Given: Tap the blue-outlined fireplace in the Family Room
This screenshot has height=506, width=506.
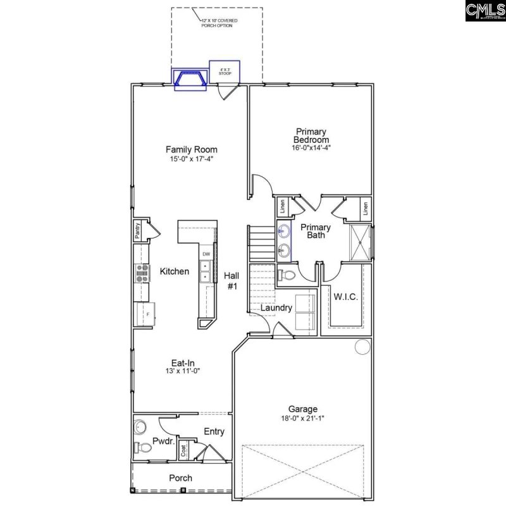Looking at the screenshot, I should [191, 80].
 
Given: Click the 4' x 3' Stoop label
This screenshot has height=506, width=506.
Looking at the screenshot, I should [225, 71].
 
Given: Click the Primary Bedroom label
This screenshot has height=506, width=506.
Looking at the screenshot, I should [311, 135].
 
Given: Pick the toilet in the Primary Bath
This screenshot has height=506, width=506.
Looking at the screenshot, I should [287, 275].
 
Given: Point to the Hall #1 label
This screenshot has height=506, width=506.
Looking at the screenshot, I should [231, 281].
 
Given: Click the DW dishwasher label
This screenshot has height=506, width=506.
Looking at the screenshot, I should [206, 254].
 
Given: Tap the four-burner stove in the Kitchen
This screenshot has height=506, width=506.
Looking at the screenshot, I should [142, 273].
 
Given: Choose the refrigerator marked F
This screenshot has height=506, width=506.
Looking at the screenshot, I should [145, 314].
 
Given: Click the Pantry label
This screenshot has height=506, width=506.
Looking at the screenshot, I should [137, 231].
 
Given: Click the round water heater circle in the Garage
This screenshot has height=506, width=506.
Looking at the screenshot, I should [361, 347].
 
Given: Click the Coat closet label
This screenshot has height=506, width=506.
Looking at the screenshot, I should [184, 450].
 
